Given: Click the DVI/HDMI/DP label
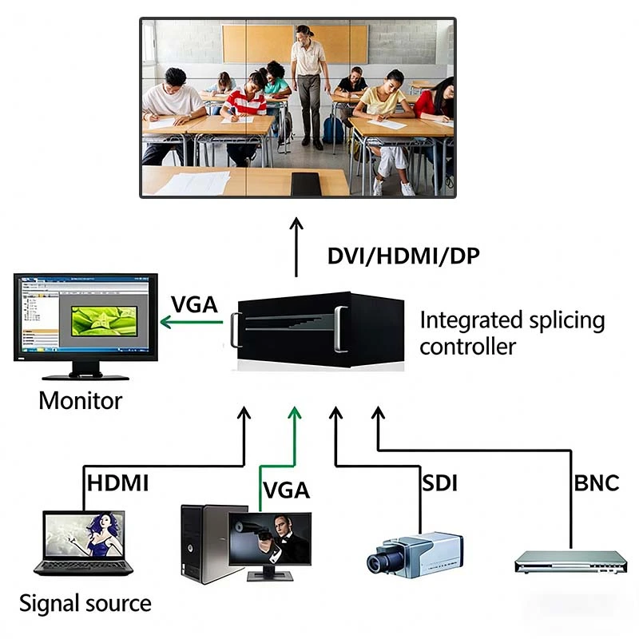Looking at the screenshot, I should [x=404, y=256].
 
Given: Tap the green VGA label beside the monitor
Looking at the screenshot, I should [x=193, y=305].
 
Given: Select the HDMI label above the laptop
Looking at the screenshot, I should [x=117, y=483].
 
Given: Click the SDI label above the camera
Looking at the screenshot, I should [x=439, y=483].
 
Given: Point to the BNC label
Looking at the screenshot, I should [x=596, y=483].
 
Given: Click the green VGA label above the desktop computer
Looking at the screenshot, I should [x=286, y=489].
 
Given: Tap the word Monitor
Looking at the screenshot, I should [x=81, y=399].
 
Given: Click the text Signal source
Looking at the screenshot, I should [x=85, y=602].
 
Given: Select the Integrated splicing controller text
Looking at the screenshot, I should [x=511, y=333].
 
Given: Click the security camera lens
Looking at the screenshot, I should [x=378, y=561].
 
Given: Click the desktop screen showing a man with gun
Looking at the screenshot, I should [x=270, y=537].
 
